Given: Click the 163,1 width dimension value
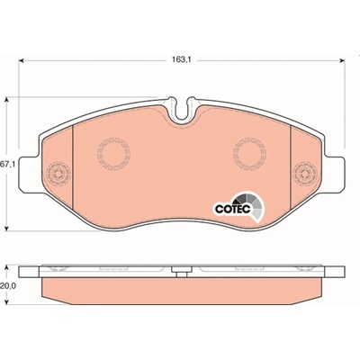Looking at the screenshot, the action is coord(182,59).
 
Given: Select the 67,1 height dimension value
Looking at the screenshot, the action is coord(6,164).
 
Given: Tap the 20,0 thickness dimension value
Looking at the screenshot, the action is coord(7,286).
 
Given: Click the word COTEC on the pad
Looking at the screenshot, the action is coord(232,209).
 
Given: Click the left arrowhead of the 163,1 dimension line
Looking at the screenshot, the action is coord(21,60).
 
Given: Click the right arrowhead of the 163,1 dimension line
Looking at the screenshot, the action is coord(342,60).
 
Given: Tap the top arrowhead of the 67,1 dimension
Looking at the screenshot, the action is coord(7,100).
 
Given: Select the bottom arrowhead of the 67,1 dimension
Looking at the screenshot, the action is coord(7,228).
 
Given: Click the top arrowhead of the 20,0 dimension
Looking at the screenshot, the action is coord(7,268).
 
